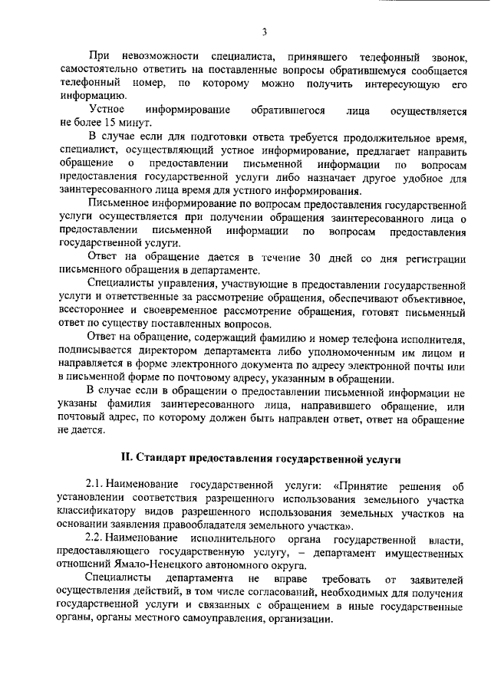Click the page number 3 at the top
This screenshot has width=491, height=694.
click(264, 31)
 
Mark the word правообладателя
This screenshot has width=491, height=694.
click(196, 526)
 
